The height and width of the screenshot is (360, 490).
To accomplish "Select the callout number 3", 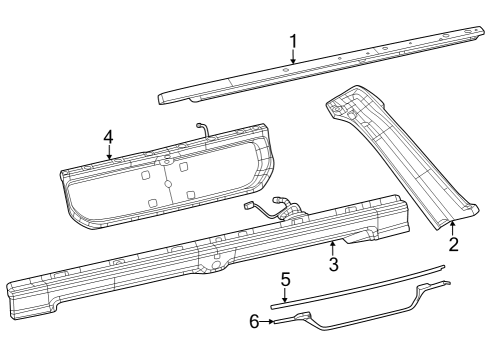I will [334, 264].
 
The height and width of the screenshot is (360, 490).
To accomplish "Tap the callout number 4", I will [108, 137].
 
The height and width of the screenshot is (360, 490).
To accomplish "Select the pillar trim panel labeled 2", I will [400, 160].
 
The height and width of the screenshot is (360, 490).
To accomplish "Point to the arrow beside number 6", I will [272, 322].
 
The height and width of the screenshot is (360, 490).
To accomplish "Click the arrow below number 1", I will [293, 58].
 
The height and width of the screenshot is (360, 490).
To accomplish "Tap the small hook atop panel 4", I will [204, 127].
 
